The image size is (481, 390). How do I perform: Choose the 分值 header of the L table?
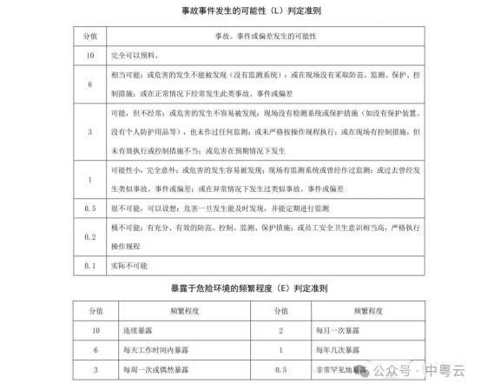pyautogui.click(x=89, y=38)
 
